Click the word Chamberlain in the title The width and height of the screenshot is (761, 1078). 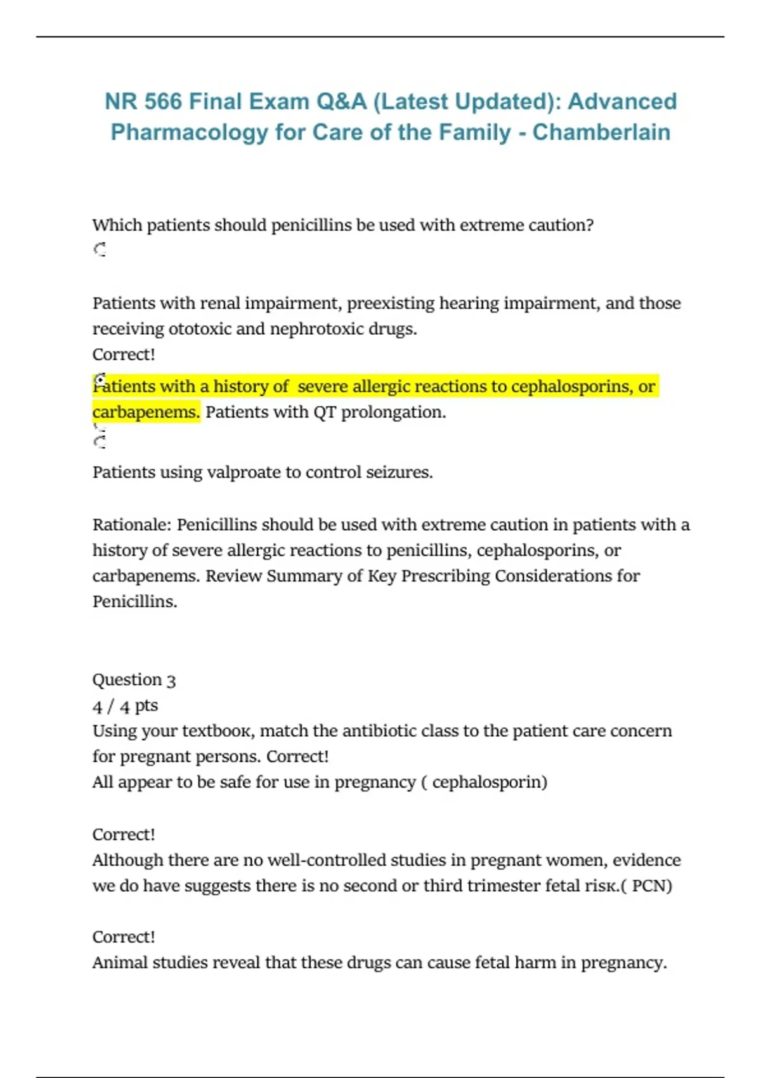[601, 132]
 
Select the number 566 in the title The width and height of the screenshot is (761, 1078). [162, 101]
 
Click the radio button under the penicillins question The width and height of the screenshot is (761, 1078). [100, 250]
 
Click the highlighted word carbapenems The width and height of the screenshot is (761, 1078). [146, 412]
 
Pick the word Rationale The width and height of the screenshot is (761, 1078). [131, 525]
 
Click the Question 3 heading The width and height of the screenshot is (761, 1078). [134, 680]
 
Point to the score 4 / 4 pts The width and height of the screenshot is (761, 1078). [125, 706]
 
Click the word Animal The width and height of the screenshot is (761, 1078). [119, 963]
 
